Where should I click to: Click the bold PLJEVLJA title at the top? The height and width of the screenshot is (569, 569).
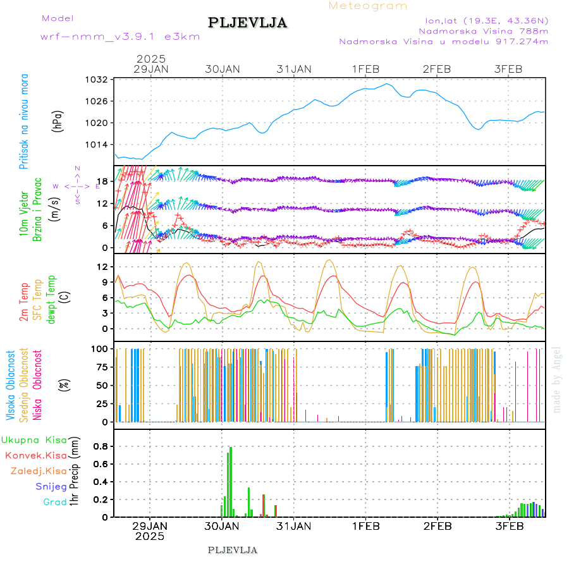(x=248, y=23)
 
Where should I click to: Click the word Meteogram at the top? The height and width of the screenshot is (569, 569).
(x=368, y=6)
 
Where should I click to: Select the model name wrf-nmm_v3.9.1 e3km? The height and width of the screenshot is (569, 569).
(x=120, y=37)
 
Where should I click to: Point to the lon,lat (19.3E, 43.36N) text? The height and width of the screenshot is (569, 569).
(x=486, y=20)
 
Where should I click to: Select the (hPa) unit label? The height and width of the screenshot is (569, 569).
(x=58, y=121)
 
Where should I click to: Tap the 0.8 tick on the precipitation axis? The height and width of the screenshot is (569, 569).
(x=99, y=446)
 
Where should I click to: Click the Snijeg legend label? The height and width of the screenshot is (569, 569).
(x=51, y=486)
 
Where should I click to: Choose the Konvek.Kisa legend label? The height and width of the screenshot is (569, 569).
(x=35, y=455)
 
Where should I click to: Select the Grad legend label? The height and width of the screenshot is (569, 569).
(x=54, y=502)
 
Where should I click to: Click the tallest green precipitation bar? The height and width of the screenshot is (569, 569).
(x=231, y=480)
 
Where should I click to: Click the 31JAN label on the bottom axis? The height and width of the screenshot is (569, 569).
(x=294, y=525)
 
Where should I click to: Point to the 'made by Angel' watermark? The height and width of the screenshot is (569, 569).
(x=557, y=379)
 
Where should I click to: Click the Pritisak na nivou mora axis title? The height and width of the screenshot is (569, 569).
(x=25, y=121)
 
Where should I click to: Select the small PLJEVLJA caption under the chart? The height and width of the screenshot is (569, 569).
(x=233, y=550)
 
